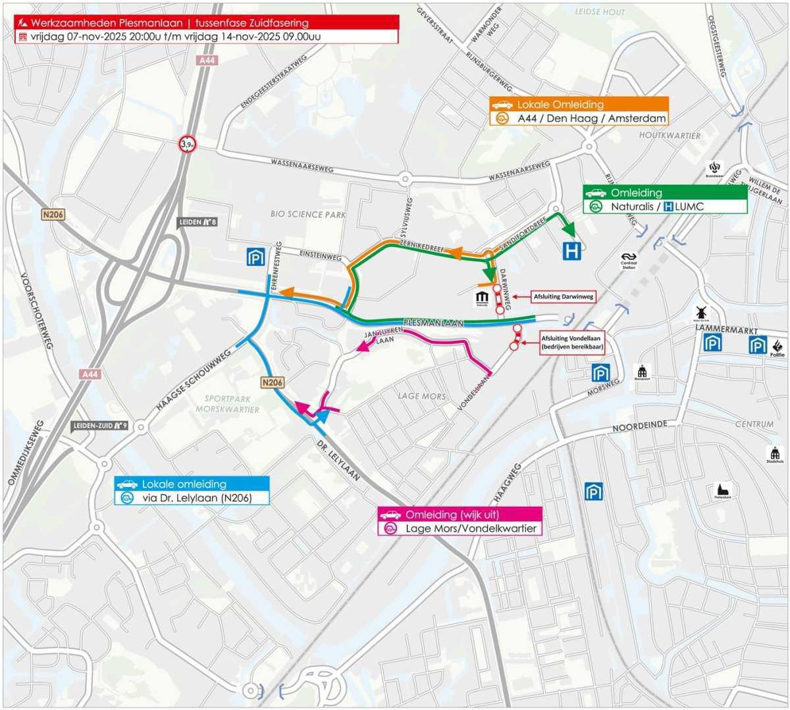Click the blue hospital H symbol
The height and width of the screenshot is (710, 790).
pos(571,251)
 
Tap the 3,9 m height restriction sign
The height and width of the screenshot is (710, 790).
pos(188,143)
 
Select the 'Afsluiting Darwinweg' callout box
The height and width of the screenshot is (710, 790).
pos(563,297)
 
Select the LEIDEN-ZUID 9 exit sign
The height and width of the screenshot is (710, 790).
pos(99,426)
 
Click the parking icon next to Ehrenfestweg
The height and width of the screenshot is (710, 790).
pos(255,257)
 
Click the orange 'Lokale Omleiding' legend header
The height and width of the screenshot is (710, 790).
pos(579,105)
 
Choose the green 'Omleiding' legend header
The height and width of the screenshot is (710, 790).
pos(665,193)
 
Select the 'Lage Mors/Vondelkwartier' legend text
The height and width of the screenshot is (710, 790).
pos(471,528)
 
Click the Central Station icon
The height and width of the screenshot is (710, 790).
pos(629,259)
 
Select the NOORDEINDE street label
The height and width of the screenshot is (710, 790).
pos(639,426)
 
